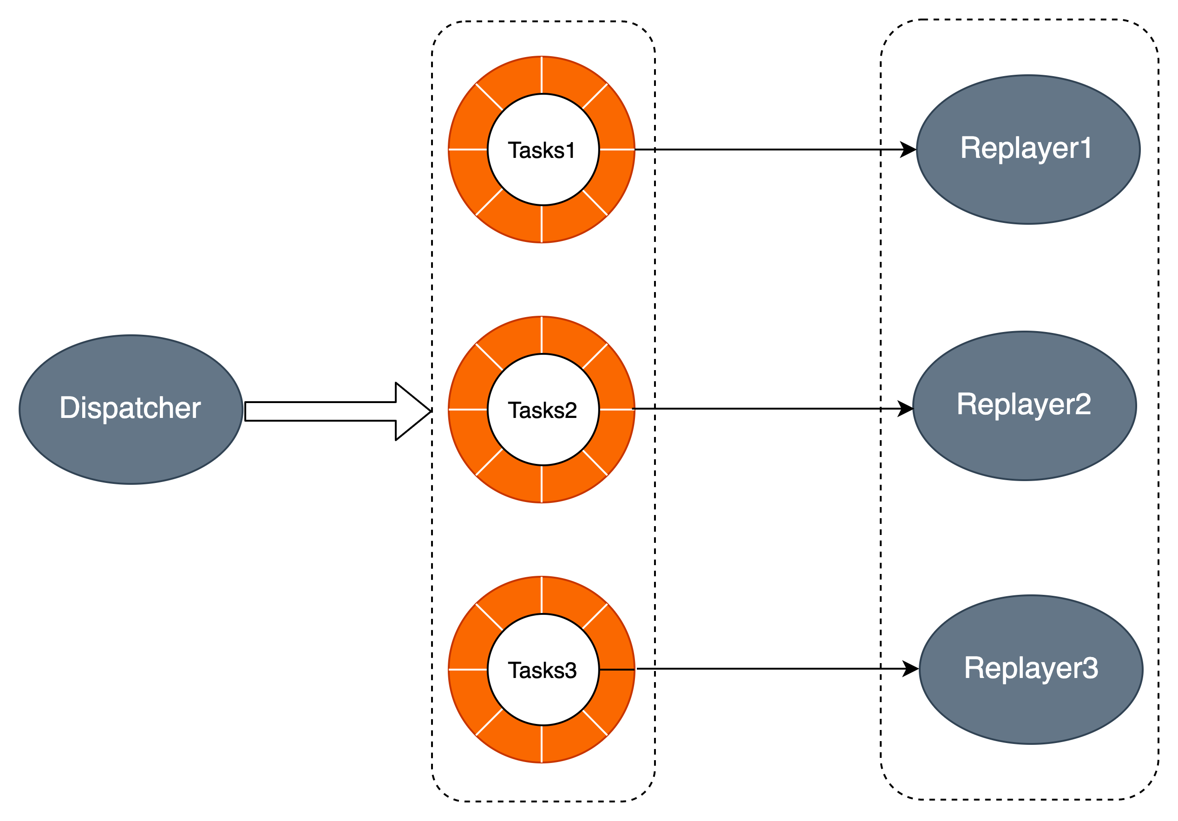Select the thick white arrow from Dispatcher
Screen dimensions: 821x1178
pyautogui.click(x=328, y=411)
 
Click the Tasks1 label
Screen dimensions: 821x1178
pyautogui.click(x=541, y=150)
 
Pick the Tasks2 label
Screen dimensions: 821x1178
pyautogui.click(x=542, y=410)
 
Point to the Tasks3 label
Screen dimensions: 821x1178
pyautogui.click(x=542, y=670)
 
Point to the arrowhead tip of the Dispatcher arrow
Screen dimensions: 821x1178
pyautogui.click(x=427, y=411)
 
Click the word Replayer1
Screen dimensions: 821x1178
pyautogui.click(x=1026, y=148)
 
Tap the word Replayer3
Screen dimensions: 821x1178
pyautogui.click(x=1031, y=668)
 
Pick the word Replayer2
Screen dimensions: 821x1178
pyautogui.click(x=1024, y=404)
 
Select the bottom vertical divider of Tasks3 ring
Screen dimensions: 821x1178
pyautogui.click(x=542, y=743)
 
